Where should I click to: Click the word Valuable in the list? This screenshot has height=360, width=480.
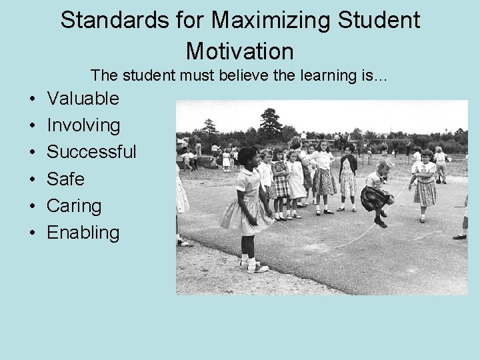click(x=83, y=99)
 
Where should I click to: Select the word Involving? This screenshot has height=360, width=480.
click(x=83, y=125)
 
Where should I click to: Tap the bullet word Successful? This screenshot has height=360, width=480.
click(x=91, y=152)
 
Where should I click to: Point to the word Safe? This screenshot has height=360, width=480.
click(x=65, y=179)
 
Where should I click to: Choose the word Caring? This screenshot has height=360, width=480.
click(x=74, y=205)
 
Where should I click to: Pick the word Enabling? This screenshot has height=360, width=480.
click(x=83, y=233)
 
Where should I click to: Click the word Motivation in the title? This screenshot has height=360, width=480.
click(x=239, y=51)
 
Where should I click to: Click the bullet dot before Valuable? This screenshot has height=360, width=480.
click(x=32, y=100)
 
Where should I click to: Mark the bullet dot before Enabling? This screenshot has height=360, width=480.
click(x=32, y=234)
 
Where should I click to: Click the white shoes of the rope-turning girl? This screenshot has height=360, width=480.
click(x=253, y=267)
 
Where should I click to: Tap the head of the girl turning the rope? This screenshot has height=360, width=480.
click(x=247, y=158)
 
